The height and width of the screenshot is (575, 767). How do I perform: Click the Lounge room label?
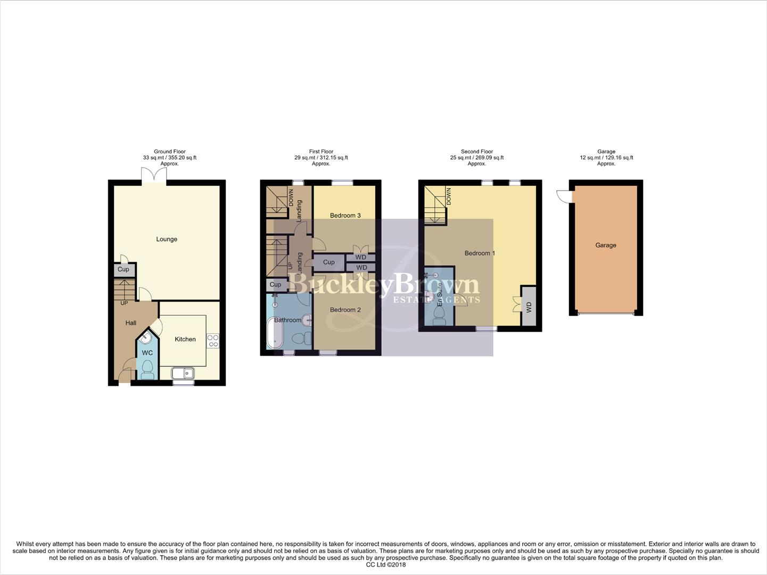167,239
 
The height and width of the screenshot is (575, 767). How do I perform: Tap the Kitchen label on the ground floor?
185,339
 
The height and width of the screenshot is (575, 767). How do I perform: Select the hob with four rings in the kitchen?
213,341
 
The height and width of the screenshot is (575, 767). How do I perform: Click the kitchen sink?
183,374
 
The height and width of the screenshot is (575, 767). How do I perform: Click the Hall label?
131,323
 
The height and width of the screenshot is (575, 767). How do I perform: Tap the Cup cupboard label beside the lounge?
123,269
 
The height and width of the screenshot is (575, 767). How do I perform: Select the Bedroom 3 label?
345,216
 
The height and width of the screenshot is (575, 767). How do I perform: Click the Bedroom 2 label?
345,310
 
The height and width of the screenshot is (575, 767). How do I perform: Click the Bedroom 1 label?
480,253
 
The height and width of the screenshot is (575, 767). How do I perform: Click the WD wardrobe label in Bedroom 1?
529,308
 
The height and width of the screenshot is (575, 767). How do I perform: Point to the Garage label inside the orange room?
606,245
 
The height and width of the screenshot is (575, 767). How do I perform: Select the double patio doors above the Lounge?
154,176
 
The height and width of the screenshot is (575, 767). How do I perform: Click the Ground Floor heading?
170,152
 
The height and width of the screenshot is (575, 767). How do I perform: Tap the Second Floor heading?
477,152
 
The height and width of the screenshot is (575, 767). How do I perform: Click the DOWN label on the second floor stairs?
449,196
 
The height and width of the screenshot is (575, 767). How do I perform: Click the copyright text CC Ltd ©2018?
386,565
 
